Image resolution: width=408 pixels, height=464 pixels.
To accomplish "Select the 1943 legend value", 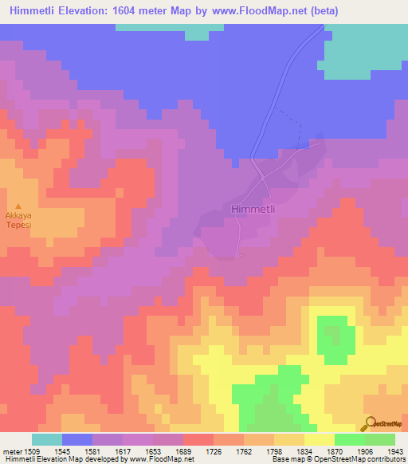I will [394, 451].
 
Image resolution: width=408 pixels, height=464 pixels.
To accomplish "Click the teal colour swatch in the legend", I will [46, 439].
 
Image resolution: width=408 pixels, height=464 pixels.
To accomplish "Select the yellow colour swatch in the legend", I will [319, 439].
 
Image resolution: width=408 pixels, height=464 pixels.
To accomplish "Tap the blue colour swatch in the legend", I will [76, 439].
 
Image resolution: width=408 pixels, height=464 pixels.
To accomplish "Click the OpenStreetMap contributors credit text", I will [362, 460].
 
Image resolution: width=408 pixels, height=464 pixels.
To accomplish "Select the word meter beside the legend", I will [11, 451].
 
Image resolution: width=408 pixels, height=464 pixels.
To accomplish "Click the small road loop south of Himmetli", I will [241, 254].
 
